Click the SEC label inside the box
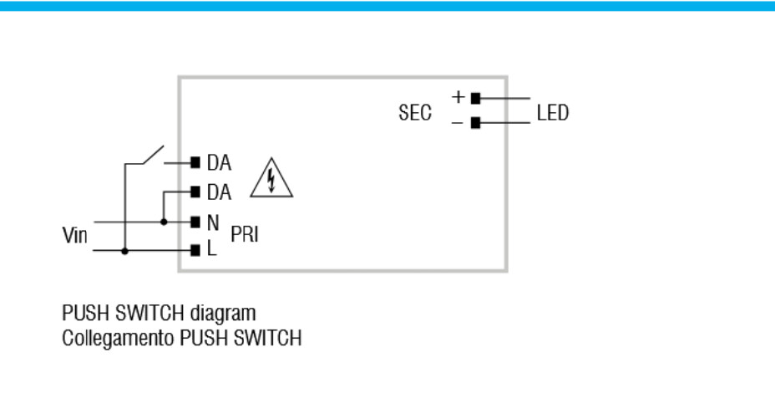(415, 113)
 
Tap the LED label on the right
(553, 113)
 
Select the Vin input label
(74, 235)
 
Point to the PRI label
(245, 234)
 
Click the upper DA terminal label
(219, 163)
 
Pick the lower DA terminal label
(219, 192)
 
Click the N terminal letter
(213, 222)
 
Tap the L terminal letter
(211, 248)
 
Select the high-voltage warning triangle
(271, 178)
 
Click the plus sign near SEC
(458, 96)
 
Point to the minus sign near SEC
(457, 123)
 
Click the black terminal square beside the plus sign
(475, 99)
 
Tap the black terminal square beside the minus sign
(475, 123)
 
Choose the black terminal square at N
(195, 222)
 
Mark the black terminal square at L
(195, 250)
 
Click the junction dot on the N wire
(164, 222)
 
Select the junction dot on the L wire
(124, 251)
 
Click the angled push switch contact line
(153, 155)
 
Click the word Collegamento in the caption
(118, 339)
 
